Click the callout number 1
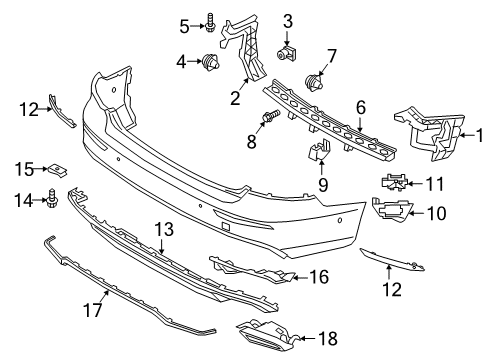[478, 134]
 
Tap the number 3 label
[287, 21]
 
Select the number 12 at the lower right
[391, 289]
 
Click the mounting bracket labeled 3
[287, 50]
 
